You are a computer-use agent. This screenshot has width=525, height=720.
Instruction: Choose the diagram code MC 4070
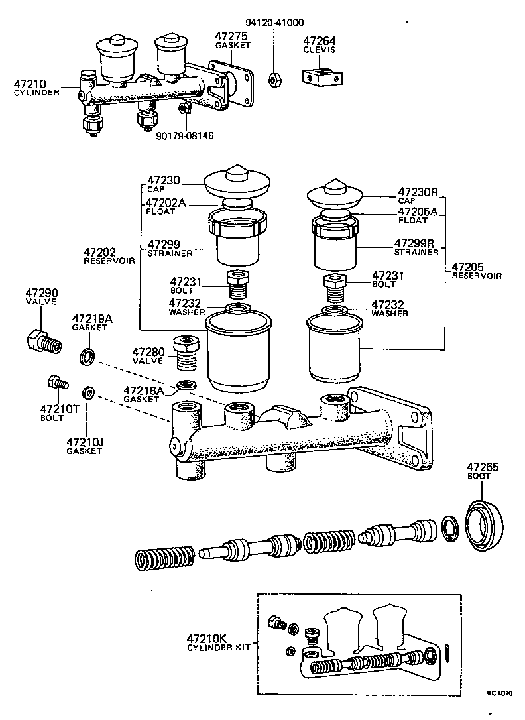pyautogui.click(x=500, y=694)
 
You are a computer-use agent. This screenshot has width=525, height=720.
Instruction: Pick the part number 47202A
pyautogui.click(x=166, y=203)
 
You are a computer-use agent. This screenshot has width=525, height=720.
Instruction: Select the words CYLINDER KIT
pyautogui.click(x=219, y=647)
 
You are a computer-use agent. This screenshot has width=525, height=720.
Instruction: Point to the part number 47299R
pyautogui.click(x=416, y=243)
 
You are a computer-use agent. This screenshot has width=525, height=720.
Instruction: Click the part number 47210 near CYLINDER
pyautogui.click(x=30, y=84)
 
